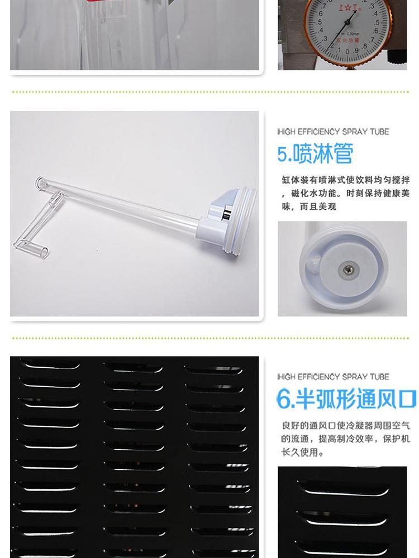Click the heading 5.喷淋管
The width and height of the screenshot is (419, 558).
click(x=315, y=154)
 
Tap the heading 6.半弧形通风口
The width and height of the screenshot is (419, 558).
click(x=346, y=398)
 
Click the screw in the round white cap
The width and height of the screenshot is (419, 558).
click(x=348, y=270)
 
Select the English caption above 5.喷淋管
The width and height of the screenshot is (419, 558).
click(x=333, y=132)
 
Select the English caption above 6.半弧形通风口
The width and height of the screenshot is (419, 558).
click(x=333, y=377)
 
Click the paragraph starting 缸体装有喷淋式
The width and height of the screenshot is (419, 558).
click(x=345, y=193)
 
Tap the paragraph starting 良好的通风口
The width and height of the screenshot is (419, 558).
click(x=345, y=439)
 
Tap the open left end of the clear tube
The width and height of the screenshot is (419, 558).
click(x=40, y=182)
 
